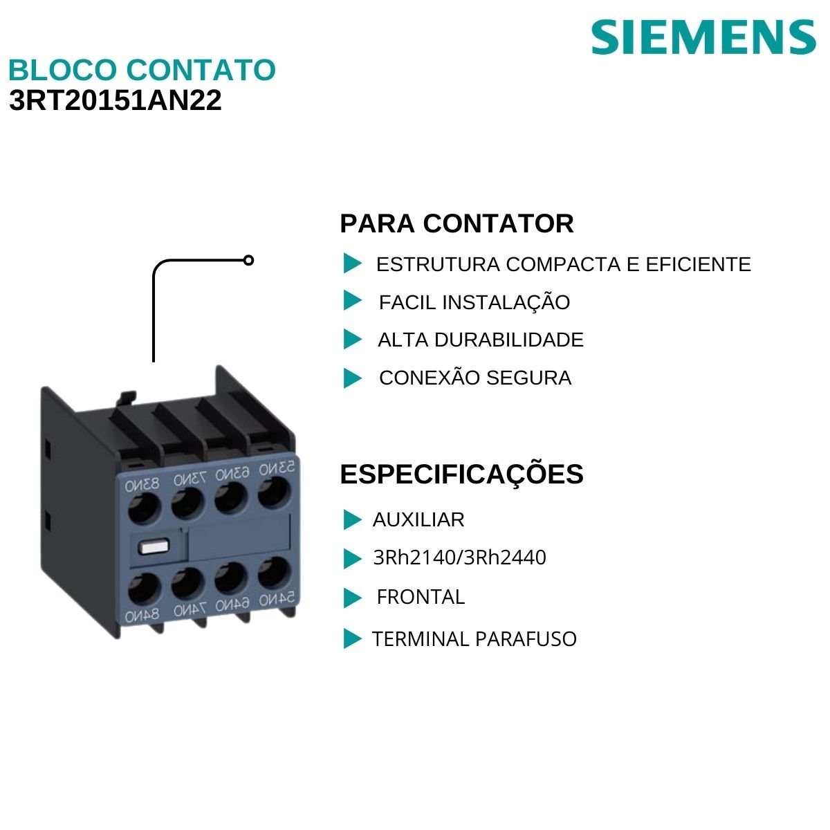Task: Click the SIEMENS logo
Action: click(703, 37)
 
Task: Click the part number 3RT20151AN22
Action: click(116, 101)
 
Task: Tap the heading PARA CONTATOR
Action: click(456, 224)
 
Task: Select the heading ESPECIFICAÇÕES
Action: click(461, 474)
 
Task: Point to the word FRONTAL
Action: click(421, 597)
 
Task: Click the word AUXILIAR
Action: click(418, 519)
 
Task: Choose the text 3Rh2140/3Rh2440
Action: click(459, 557)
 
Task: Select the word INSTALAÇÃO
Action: click(506, 302)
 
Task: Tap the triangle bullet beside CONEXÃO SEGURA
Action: click(352, 378)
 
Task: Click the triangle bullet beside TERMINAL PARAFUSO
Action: click(352, 639)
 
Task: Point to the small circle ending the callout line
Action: click(249, 261)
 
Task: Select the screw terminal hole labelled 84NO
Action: click(142, 589)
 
